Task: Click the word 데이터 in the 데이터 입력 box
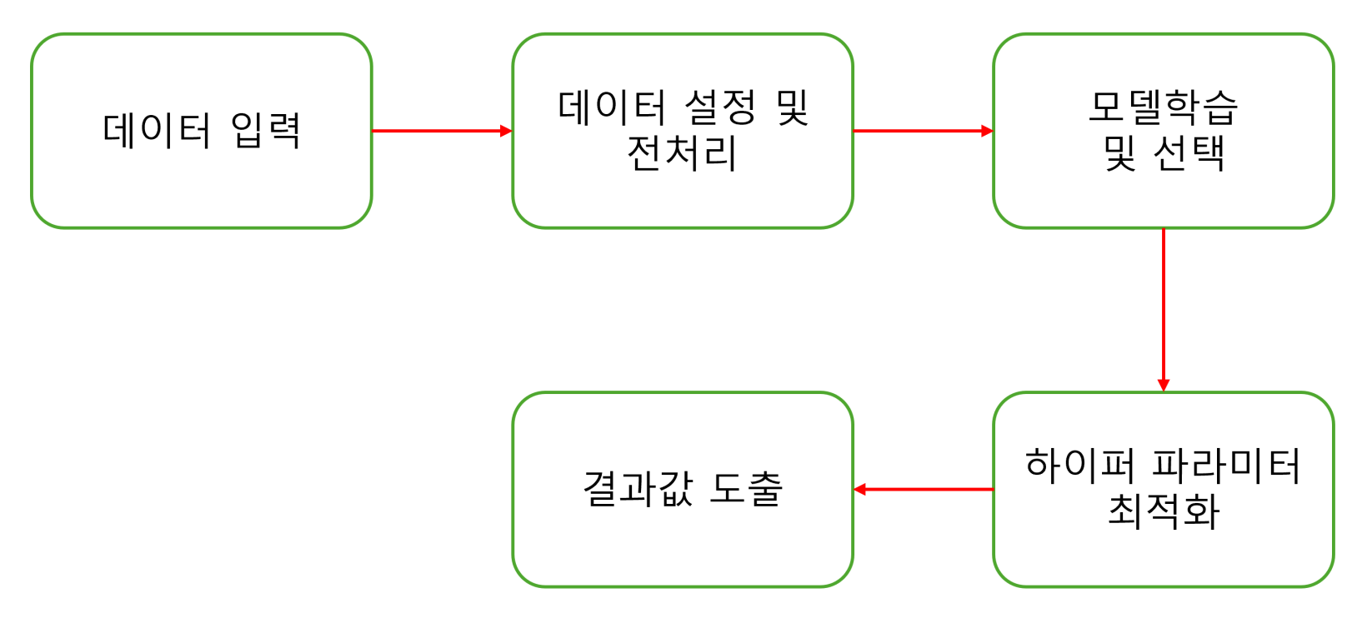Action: tap(157, 131)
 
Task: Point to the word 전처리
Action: tap(682, 153)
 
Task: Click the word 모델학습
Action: tap(1163, 107)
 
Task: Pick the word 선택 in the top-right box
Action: tap(1189, 153)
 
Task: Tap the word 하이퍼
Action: tap(1079, 465)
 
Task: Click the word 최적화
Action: tap(1163, 511)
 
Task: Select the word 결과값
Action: tap(638, 489)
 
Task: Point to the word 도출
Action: tap(746, 489)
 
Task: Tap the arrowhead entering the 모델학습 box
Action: tap(987, 131)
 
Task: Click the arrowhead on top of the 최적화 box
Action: tap(1163, 385)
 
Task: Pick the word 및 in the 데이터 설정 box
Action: tap(793, 107)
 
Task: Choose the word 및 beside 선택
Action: tap(1120, 153)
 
